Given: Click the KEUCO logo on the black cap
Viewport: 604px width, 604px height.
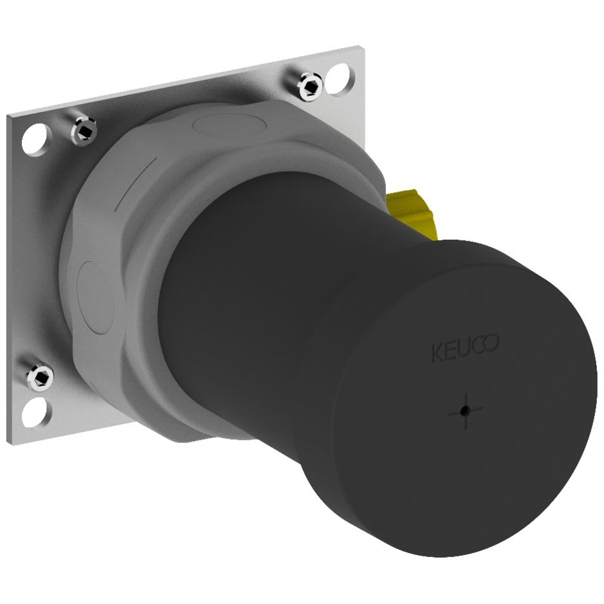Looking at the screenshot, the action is point(465,348).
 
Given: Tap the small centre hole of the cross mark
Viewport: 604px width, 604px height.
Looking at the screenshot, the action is point(466,411).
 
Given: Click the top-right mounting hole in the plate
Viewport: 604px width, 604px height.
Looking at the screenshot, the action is point(337,79).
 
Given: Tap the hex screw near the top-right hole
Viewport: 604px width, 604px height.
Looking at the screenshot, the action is point(311,87).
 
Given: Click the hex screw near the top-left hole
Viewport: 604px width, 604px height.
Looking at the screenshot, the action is point(84,131).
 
